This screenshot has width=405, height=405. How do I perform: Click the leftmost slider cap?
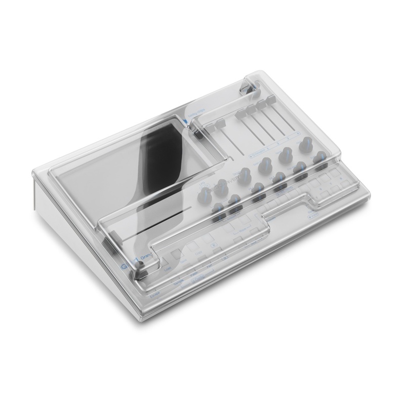pyautogui.click(x=221, y=125)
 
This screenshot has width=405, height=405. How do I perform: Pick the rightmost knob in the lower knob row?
pyautogui.click(x=319, y=160)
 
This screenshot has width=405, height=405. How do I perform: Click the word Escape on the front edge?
pyautogui.click(x=155, y=293)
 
